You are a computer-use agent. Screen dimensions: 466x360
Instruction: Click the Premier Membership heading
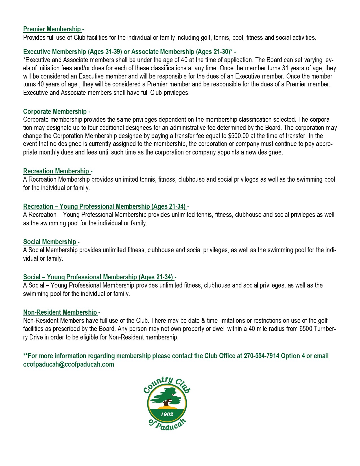[52, 29]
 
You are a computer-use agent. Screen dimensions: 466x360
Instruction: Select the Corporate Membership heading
[55, 112]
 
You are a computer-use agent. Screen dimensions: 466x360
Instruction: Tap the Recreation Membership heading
[56, 171]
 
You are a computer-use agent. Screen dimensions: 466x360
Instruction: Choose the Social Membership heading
[50, 242]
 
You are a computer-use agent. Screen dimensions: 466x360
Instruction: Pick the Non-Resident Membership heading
[60, 312]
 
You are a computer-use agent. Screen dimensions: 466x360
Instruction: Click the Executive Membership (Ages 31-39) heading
[73, 52]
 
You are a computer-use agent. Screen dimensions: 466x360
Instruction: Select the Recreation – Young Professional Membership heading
[104, 206]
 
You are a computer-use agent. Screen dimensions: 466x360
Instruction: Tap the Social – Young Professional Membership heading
[98, 277]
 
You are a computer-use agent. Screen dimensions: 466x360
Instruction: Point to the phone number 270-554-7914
[261, 356]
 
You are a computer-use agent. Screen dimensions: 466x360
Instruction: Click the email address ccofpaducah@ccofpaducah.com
[69, 364]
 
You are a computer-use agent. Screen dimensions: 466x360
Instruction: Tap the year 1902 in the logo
[167, 414]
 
